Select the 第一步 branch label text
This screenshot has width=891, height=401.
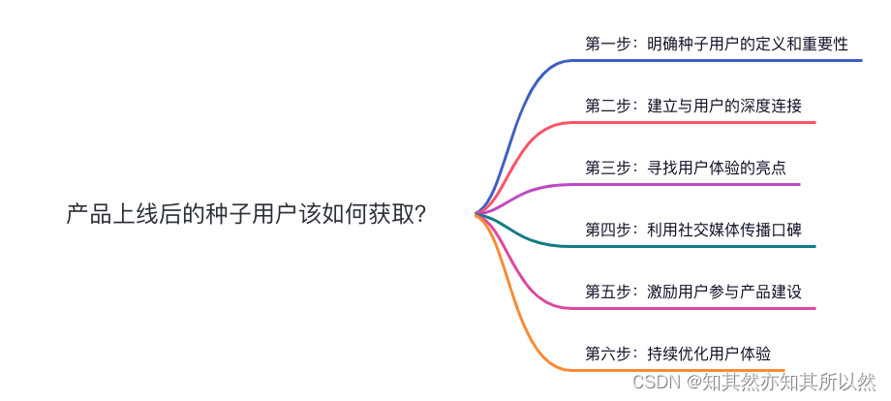[x=717, y=44]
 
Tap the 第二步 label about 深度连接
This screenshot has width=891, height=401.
[x=693, y=106]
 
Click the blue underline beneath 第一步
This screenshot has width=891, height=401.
[x=717, y=60]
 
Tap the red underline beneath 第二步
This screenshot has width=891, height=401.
[x=697, y=122]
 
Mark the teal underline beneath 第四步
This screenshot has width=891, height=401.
[x=697, y=246]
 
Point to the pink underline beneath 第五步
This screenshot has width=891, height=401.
[x=697, y=308]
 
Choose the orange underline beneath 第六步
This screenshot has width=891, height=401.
[x=678, y=370]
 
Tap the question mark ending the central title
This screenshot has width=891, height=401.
[x=418, y=214]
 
